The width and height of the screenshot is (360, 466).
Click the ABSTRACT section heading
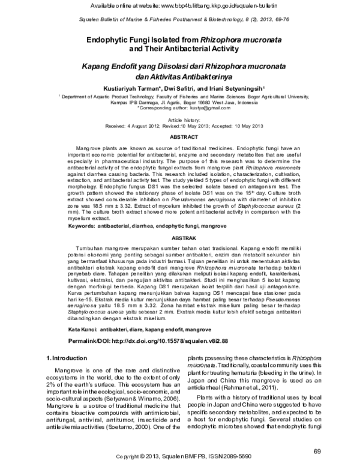click(180, 137)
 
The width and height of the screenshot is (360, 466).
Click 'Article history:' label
click(180, 120)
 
